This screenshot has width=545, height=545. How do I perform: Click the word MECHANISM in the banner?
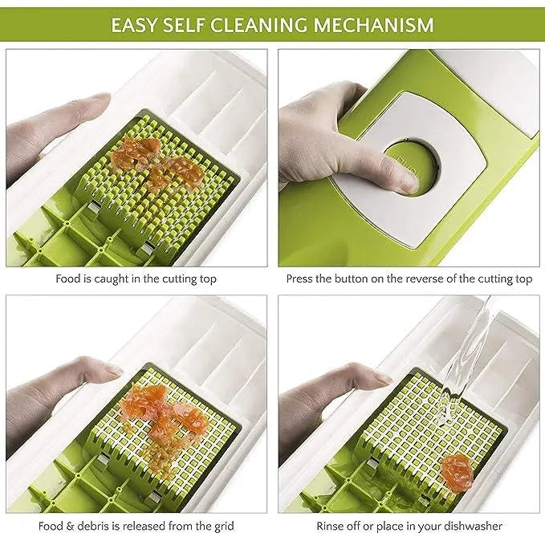tap(374, 25)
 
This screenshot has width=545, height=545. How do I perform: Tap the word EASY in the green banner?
tap(134, 25)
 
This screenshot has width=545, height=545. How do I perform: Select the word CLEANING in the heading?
tap(259, 25)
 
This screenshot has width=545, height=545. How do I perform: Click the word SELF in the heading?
tap(184, 25)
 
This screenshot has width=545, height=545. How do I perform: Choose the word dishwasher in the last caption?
tap(474, 526)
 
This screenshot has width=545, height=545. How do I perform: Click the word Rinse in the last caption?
tap(330, 526)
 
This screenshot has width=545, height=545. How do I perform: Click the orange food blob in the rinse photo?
tap(457, 471)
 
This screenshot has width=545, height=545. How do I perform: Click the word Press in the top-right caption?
tap(299, 279)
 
